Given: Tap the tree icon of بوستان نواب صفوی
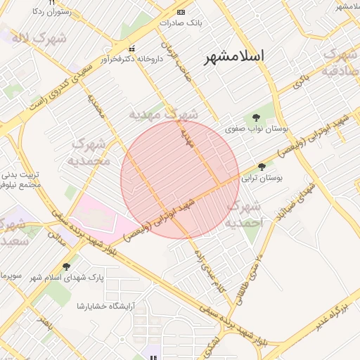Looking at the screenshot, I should pyautogui.click(x=255, y=117).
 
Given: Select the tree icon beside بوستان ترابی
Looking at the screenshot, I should pyautogui.click(x=262, y=167).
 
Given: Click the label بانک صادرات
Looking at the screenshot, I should pyautogui.click(x=180, y=22).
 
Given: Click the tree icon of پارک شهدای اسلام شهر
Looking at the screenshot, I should pyautogui.click(x=66, y=266).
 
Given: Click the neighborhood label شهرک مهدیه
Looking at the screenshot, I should pyautogui.click(x=163, y=113).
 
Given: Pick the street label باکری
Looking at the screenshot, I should pyautogui.click(x=300, y=79).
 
